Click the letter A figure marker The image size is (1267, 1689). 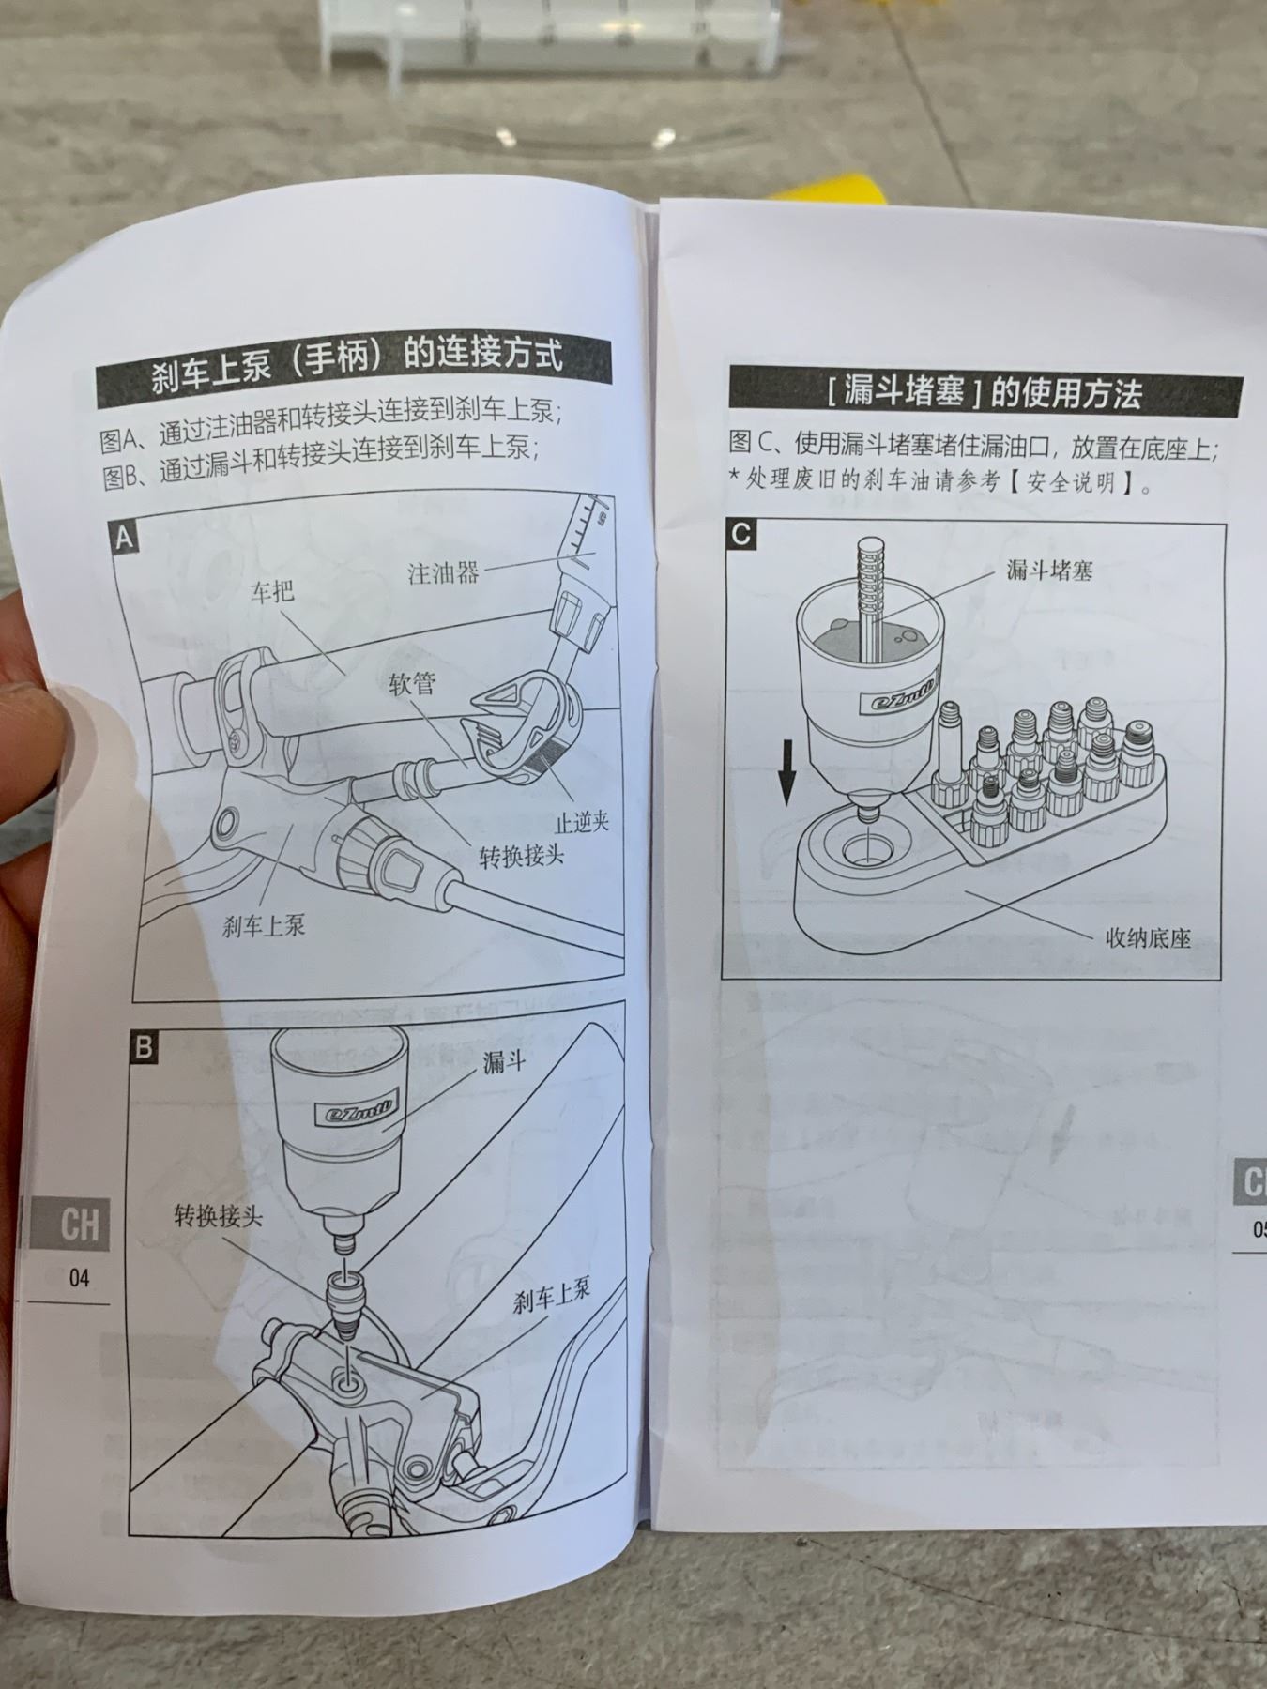click(124, 539)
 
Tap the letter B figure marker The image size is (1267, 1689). click(143, 1047)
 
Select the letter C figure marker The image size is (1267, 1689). click(741, 535)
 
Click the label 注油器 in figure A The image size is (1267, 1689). click(443, 571)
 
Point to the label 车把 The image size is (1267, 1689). click(272, 591)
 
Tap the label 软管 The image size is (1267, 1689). click(412, 683)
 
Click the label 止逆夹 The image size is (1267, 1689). click(582, 822)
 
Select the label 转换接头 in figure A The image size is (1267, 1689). click(522, 855)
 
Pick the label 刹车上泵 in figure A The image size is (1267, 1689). click(264, 926)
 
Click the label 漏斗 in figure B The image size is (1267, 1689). click(504, 1061)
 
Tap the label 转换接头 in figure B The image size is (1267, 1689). click(219, 1217)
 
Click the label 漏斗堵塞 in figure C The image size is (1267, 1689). click(1049, 569)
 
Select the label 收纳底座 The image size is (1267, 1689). click(1148, 937)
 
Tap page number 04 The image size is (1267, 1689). click(79, 1277)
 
